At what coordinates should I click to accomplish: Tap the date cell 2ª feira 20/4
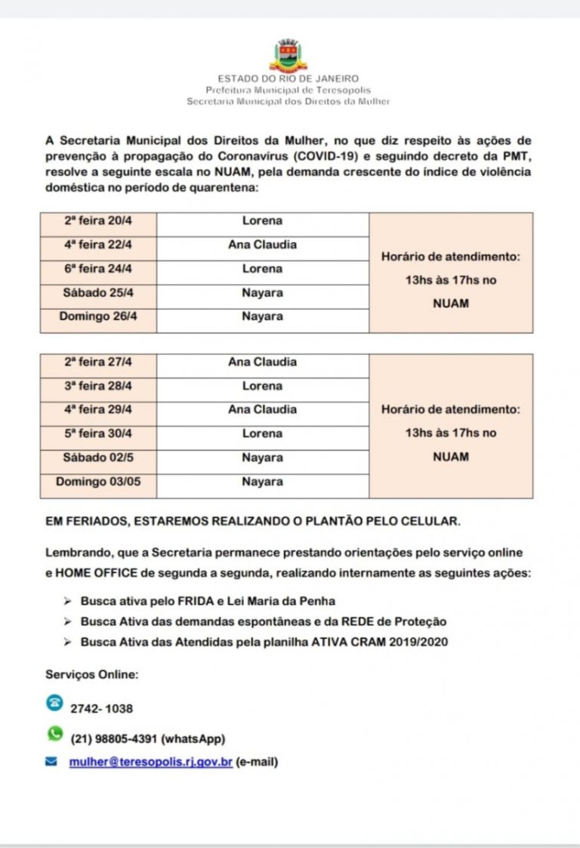click(x=98, y=221)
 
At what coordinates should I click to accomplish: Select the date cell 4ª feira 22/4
click(x=98, y=245)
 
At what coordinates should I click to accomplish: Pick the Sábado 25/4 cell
click(x=98, y=293)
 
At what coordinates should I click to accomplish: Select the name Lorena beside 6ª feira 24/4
click(x=262, y=269)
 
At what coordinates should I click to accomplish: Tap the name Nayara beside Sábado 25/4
click(x=262, y=293)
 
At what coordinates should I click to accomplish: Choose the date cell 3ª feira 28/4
click(x=98, y=386)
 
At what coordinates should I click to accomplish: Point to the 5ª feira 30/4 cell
click(x=98, y=433)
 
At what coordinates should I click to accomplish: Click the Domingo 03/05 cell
click(x=98, y=481)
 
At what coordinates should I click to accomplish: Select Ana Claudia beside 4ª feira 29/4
click(x=262, y=409)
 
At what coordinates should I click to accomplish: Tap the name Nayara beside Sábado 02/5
click(x=262, y=458)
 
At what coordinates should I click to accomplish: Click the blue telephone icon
click(x=54, y=703)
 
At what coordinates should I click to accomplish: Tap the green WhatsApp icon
click(x=54, y=733)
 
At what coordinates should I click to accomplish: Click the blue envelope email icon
click(x=51, y=762)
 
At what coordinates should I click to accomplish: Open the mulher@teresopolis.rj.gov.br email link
click(x=150, y=762)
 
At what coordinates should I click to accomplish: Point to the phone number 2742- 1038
click(x=101, y=709)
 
